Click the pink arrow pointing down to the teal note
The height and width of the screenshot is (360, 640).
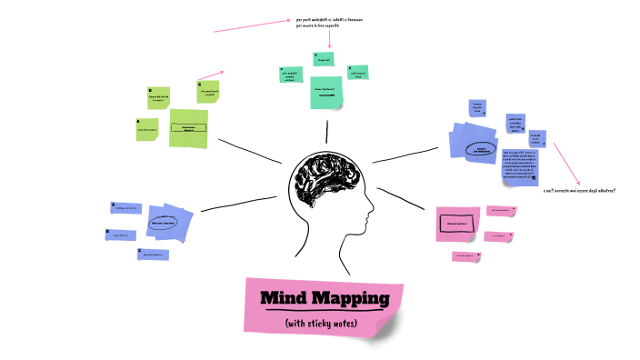click(x=330, y=40)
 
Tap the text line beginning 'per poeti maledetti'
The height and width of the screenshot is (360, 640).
click(x=329, y=19)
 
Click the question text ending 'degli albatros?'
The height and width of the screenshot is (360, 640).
click(x=580, y=191)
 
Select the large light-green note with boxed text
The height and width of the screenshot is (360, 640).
click(x=189, y=127)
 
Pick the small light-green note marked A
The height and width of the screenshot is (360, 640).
click(x=146, y=129)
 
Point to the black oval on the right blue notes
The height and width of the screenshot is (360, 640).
click(x=479, y=148)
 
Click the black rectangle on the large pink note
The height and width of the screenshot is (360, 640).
click(x=455, y=223)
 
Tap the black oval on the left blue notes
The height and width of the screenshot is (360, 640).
click(x=163, y=222)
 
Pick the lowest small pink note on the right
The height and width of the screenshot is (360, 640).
click(x=465, y=255)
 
